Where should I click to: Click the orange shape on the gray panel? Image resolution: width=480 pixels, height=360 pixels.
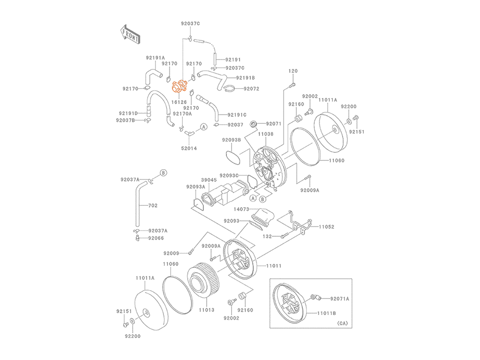pos(177,87)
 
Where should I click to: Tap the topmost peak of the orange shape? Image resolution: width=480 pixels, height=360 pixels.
pos(176,76)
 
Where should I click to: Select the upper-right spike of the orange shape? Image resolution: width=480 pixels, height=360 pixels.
pos(186,78)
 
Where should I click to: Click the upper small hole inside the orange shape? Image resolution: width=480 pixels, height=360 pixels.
pos(183,82)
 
